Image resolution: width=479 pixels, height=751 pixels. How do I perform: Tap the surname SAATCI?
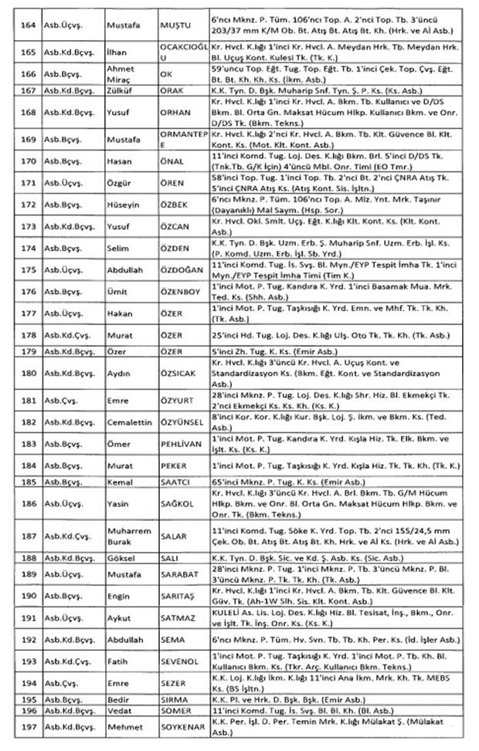coord(175,481)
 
